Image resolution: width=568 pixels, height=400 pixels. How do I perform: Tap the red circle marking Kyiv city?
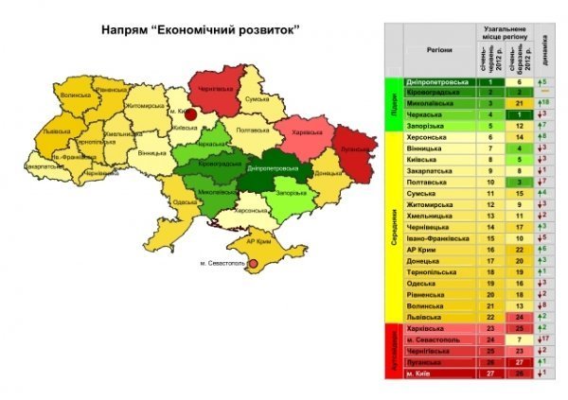(189, 113)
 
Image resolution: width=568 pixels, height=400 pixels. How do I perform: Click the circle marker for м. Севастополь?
(252, 266)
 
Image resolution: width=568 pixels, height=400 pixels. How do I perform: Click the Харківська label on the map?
(309, 131)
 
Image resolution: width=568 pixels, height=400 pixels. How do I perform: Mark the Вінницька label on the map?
(151, 152)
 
